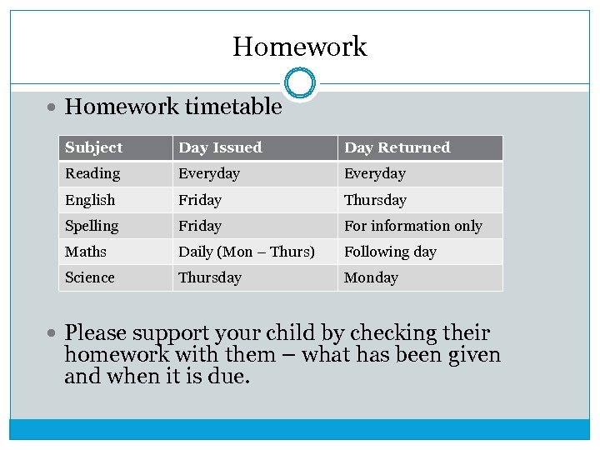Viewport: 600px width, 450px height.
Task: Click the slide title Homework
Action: click(x=299, y=46)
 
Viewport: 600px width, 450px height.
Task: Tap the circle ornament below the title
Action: click(x=299, y=83)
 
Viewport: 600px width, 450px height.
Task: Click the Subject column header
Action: click(x=94, y=147)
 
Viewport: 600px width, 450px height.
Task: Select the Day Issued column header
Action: click(x=220, y=147)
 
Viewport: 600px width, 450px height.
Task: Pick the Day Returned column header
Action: click(x=397, y=147)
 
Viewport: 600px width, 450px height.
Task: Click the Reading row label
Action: click(x=92, y=173)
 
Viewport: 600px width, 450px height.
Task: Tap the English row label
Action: click(x=90, y=200)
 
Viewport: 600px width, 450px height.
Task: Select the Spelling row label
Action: click(x=92, y=226)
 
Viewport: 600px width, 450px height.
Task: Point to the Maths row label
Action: click(x=86, y=252)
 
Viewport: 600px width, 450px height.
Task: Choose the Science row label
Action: click(x=90, y=277)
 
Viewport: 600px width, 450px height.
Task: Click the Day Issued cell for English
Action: click(x=200, y=200)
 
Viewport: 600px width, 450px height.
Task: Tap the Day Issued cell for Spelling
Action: click(x=200, y=226)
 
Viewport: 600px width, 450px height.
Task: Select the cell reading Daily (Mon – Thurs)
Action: click(x=247, y=252)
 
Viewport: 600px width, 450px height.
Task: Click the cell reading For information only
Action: click(x=413, y=226)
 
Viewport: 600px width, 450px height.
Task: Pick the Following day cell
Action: click(x=390, y=252)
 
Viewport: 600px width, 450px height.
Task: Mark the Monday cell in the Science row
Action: click(x=371, y=277)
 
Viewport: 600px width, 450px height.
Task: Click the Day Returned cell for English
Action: click(x=375, y=200)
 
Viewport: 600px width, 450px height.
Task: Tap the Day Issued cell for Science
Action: click(x=210, y=277)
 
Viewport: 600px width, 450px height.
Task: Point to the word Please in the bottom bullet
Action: click(x=95, y=333)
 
